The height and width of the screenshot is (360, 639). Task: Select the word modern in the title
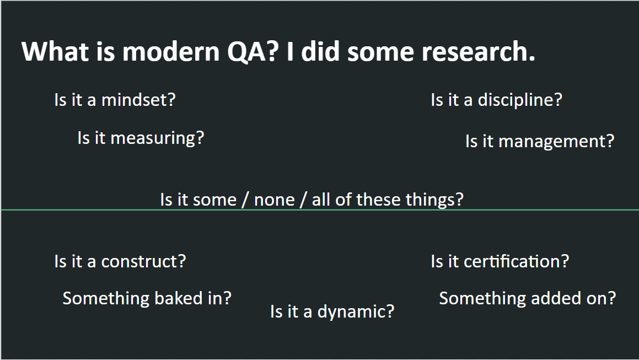171,52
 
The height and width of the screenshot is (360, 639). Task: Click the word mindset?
138,100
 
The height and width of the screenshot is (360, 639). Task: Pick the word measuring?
157,138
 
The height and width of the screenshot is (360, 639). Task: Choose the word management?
556,142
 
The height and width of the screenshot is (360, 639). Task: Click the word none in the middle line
274,200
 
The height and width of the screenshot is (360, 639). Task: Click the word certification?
517,261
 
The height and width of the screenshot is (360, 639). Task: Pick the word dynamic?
356,312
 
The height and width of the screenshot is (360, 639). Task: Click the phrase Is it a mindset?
115,100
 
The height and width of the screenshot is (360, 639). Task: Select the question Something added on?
527,299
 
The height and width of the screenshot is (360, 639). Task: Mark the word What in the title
55,52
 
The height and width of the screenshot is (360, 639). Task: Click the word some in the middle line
215,200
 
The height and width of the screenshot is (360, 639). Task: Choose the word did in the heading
320,52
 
